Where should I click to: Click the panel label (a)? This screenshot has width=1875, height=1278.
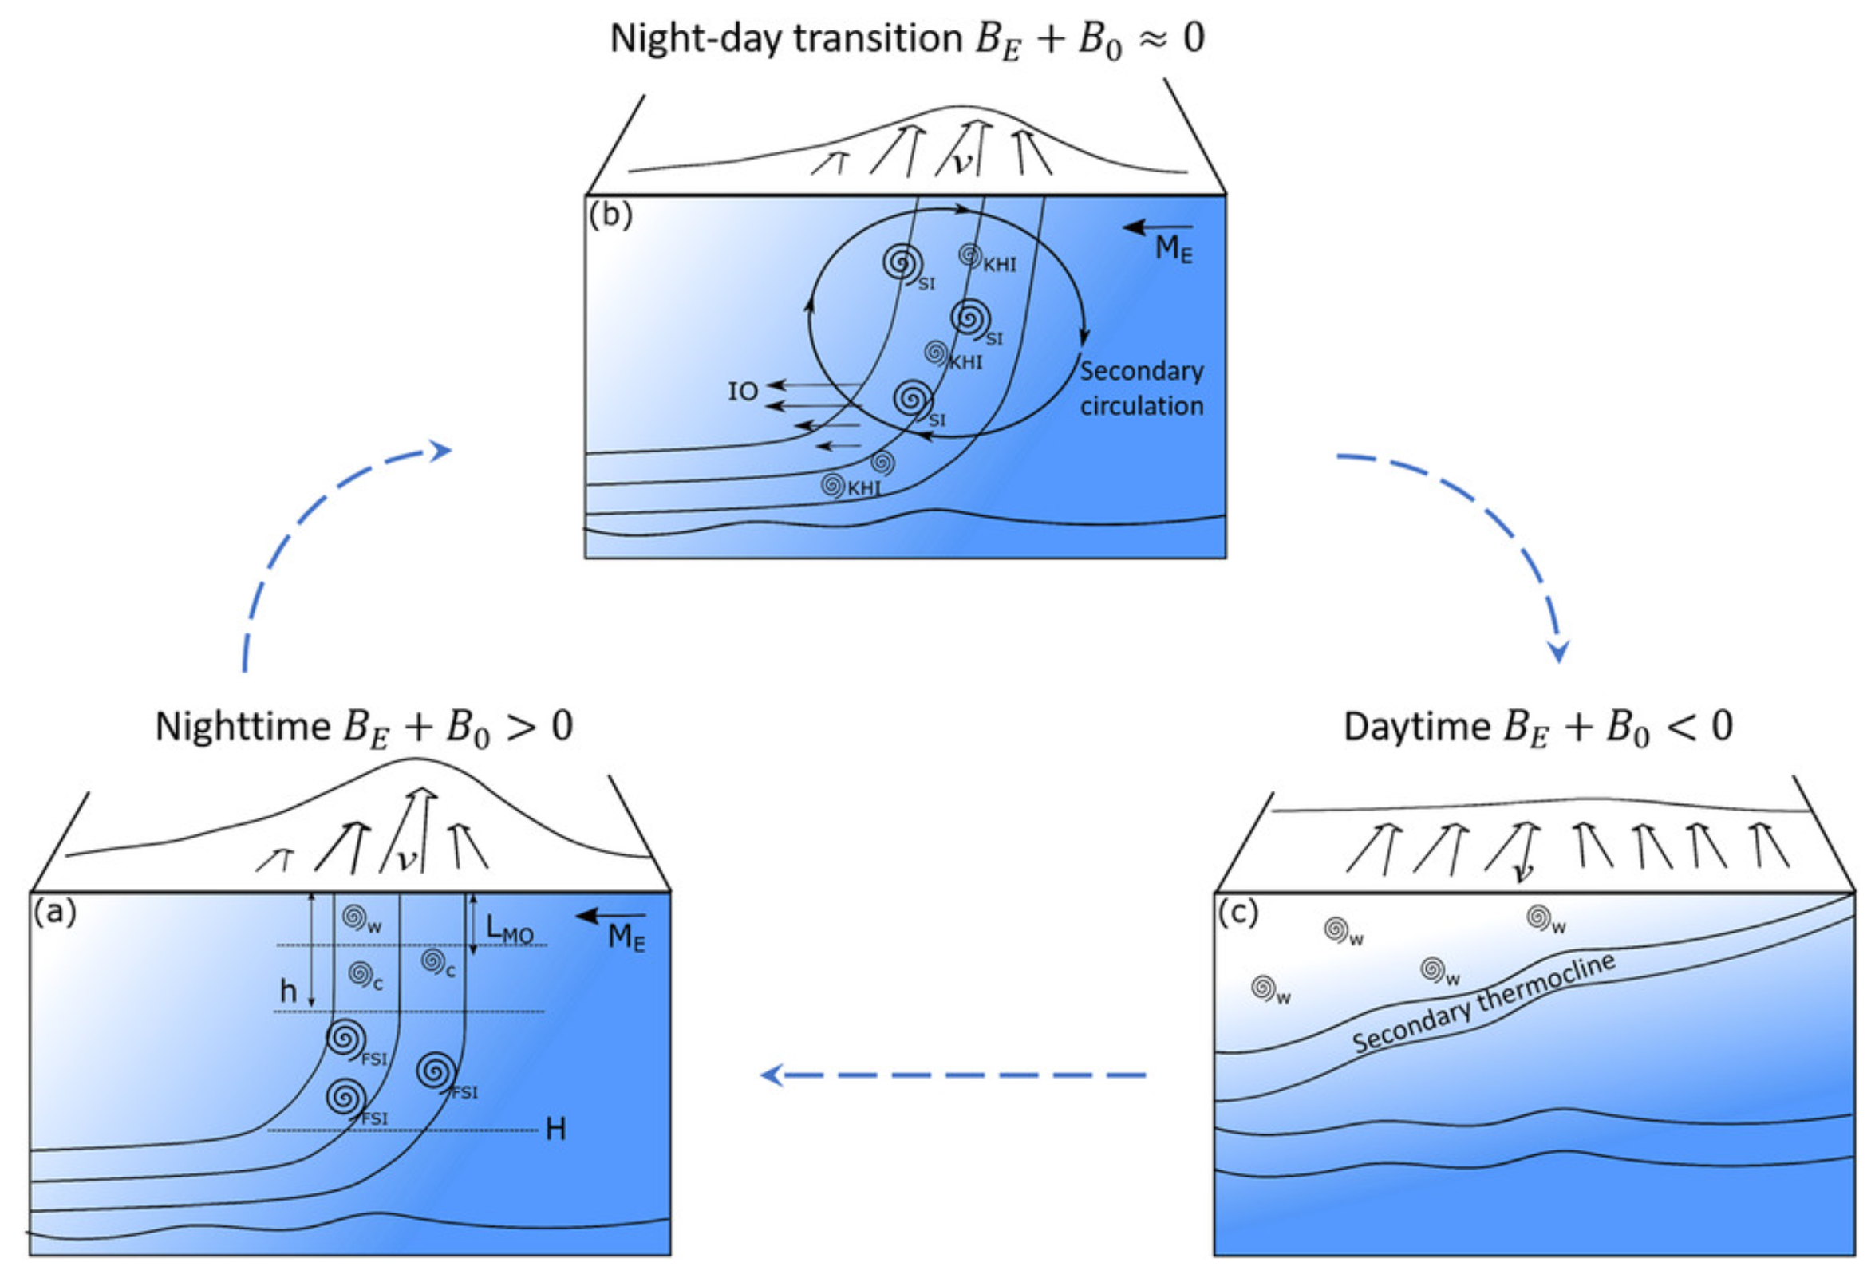pos(55,912)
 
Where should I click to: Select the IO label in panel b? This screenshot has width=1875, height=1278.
pos(743,392)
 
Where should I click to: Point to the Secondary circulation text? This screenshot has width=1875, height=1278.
pos(1142,388)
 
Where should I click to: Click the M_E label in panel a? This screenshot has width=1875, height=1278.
pos(626,937)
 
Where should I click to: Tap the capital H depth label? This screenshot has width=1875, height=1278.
pos(555,1130)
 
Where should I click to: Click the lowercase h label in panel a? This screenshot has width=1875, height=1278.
pos(288,991)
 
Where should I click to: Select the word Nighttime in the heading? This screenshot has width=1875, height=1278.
pos(242,727)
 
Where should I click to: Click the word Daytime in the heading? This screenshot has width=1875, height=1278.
pos(1416,727)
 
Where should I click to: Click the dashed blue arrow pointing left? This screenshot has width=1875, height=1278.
pos(952,1075)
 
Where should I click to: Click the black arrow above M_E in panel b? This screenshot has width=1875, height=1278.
pos(1158,227)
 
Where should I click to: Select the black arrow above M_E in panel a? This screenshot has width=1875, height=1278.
pos(610,916)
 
